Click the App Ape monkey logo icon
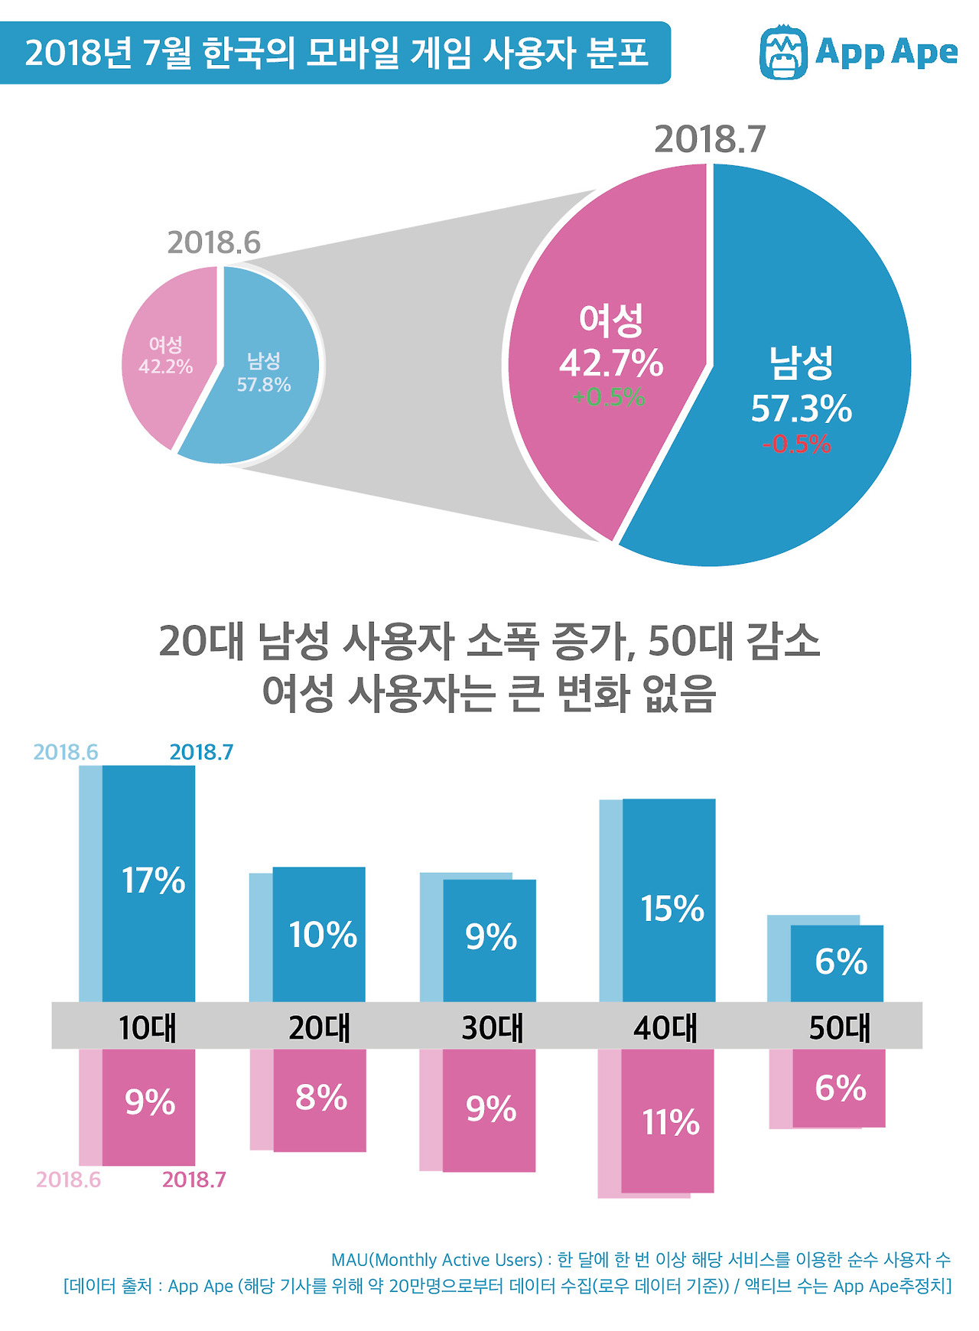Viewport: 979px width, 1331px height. [784, 53]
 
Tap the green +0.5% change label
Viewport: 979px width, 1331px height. [609, 397]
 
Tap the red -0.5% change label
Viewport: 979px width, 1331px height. [796, 444]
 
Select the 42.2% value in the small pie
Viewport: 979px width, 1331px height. [166, 366]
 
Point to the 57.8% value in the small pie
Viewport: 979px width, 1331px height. [264, 384]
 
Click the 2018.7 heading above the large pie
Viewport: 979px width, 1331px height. [710, 139]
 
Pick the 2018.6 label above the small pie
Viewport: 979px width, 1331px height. [214, 242]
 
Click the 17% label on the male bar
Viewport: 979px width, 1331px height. [154, 880]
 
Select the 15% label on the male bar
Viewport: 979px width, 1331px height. [672, 909]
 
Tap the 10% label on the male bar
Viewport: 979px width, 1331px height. [323, 935]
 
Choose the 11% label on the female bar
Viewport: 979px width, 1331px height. [671, 1122]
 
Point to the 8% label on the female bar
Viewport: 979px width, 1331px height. [321, 1098]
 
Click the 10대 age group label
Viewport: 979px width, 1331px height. [148, 1027]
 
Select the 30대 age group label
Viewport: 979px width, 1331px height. [493, 1027]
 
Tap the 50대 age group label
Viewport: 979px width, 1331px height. [840, 1027]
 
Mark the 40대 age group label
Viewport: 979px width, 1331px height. [665, 1027]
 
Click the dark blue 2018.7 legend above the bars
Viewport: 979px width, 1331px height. [201, 752]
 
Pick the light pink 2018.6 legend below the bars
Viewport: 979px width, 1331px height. [68, 1180]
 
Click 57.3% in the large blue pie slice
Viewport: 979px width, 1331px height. [801, 409]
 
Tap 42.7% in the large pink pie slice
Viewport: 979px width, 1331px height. [611, 363]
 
